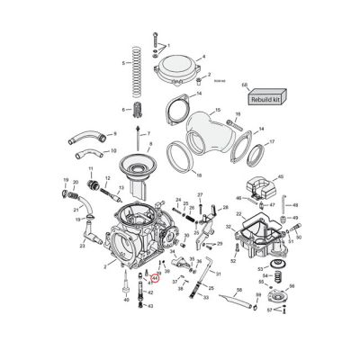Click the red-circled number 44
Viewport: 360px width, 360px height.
click(x=154, y=279)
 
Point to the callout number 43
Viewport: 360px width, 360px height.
click(x=150, y=306)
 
